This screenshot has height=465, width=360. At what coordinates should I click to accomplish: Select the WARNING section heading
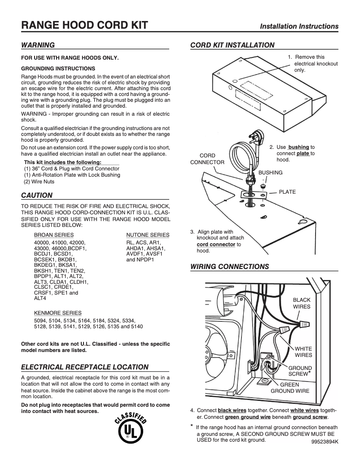click(38, 45)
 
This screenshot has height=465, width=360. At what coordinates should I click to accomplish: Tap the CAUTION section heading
click(37, 195)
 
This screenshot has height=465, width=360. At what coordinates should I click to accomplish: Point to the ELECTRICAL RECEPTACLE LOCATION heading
click(85, 367)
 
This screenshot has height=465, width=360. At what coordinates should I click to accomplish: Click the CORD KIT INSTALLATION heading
click(232, 45)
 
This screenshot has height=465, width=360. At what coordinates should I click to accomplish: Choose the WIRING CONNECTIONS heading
click(229, 266)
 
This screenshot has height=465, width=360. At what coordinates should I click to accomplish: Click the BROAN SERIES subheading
click(54, 235)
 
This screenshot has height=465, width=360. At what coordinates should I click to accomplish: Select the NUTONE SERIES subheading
click(148, 235)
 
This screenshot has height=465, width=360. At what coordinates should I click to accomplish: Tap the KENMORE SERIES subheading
click(58, 313)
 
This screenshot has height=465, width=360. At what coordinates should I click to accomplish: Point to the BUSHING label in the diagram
click(270, 173)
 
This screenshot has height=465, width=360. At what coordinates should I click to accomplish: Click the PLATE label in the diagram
click(287, 191)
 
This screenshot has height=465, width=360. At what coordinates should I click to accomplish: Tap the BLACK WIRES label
click(302, 303)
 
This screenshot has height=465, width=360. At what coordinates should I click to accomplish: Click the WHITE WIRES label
click(303, 352)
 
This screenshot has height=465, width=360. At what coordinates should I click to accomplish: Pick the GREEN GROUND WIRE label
click(290, 387)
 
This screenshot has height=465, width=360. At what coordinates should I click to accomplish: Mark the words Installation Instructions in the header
click(299, 26)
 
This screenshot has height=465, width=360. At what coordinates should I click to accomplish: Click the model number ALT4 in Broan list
click(40, 298)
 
